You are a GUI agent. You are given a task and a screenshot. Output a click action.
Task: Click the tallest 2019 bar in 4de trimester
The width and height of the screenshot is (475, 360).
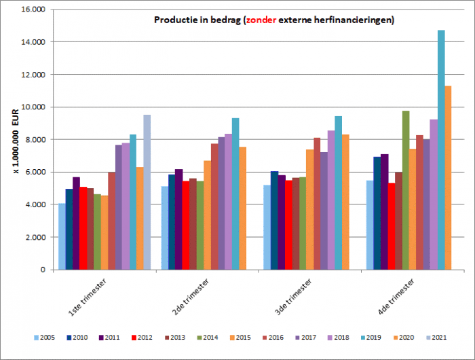(441, 149)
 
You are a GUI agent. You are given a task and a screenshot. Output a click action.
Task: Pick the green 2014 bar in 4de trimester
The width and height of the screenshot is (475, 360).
(406, 190)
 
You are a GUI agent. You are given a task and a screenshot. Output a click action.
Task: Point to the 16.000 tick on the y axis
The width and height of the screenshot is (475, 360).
(33, 10)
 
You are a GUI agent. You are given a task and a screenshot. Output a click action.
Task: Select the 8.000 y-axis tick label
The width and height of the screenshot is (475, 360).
(35, 140)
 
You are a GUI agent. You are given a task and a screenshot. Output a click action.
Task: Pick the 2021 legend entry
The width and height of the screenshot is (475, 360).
(434, 337)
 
